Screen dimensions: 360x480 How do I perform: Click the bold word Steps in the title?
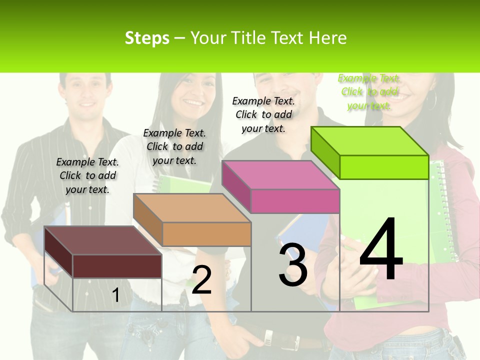pos(147,38)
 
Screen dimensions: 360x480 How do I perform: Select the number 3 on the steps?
pos(293,265)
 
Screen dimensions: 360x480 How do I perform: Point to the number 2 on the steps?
pos(201,280)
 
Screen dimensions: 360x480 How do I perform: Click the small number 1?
pos(115,295)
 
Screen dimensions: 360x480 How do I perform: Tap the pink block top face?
pos(280,175)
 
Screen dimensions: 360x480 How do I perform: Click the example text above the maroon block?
pos(87,175)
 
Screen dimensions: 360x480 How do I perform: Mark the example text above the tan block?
pos(174,146)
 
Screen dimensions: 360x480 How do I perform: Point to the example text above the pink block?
pos(263,114)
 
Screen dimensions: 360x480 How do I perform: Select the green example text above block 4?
pos(369,92)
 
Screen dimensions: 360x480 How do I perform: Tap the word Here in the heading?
pos(327,38)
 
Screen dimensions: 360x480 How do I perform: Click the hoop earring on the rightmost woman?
pos(431,100)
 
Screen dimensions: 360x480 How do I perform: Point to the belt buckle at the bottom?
pos(268,338)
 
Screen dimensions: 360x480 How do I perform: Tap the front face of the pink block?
pos(295,201)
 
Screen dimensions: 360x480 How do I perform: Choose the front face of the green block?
pos(384,167)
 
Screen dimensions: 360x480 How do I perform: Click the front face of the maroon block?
pos(117,266)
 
